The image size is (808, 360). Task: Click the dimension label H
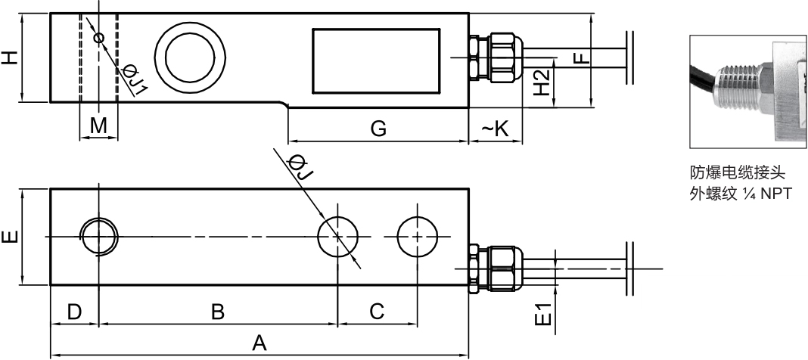click(11, 57)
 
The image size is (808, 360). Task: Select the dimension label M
click(98, 126)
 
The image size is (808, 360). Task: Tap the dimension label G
click(378, 129)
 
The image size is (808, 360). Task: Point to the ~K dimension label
click(495, 129)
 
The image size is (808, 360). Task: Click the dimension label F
click(581, 56)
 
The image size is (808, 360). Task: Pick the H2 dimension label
click(541, 82)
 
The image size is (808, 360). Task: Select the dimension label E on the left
click(11, 237)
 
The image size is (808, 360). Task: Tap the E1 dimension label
click(544, 314)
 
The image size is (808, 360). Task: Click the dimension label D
click(75, 312)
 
